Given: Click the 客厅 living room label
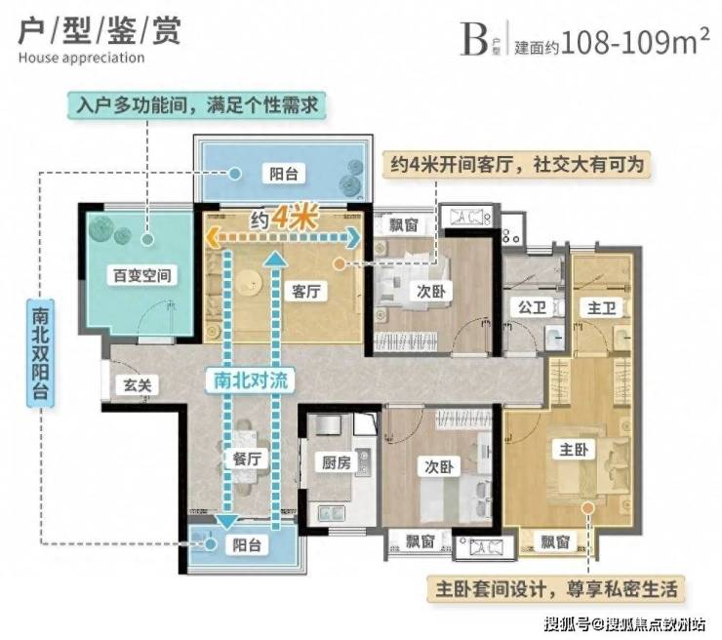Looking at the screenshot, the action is pos(306,291).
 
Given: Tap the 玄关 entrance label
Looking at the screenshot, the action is pos(138,385).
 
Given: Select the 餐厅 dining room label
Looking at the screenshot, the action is pos(247,459).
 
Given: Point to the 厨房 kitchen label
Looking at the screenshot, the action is pos(337,462).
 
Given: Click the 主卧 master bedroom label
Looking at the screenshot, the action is pos(574,450).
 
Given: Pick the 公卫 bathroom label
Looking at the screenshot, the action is pos(533,307).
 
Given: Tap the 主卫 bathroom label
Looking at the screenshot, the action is pos(601,307).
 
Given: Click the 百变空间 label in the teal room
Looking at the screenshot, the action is pos(142,275).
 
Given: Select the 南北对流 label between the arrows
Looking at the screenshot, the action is pos(251,380).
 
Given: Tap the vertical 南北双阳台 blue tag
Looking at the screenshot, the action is pos(41,353).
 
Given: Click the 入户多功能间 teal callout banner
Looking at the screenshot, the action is pos(197,105).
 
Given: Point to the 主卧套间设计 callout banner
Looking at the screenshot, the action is pos(557,589).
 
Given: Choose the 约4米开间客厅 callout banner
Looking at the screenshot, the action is pos(517,164).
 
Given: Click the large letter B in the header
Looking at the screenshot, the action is pos(474,41).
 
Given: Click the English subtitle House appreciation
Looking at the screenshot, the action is pos(82,58).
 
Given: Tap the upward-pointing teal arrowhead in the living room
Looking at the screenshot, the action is pos(274,258).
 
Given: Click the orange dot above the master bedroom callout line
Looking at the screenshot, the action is pos(587,508).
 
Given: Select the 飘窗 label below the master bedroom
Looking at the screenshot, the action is pos(555,541).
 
